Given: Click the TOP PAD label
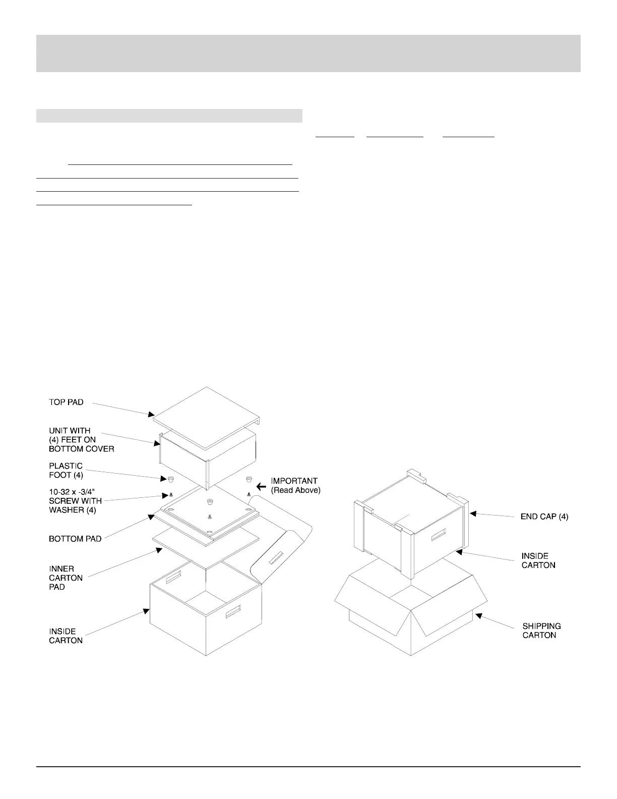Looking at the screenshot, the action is coord(66,402).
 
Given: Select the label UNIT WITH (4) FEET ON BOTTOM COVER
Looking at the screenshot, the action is coord(82,440).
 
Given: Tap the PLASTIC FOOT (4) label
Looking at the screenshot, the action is coord(66,471).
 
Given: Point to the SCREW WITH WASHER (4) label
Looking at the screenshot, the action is coord(75,501).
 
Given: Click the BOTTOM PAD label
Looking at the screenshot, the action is coord(75,539).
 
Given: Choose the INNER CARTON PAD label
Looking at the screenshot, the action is coord(66,578).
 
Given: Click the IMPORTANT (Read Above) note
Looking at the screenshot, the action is coord(296,486).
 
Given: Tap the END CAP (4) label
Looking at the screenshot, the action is coord(544,517).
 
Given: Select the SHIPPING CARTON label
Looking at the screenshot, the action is coord(542,631).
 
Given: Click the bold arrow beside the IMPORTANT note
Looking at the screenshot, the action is coord(261,487).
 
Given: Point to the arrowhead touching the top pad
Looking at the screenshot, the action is coord(151,415).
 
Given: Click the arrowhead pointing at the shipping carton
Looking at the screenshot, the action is coord(479,615).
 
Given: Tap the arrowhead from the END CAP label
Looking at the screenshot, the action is coord(473,513).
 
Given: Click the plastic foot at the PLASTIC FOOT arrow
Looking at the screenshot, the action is coord(171,479).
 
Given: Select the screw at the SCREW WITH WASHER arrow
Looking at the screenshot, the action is coord(171,495).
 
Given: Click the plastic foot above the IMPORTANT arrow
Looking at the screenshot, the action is coord(249,479).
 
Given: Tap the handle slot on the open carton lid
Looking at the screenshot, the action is coord(276,558).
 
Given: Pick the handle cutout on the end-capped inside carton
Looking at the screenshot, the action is coord(439,535).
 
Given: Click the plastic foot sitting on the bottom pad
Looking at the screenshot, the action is coord(210,502).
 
